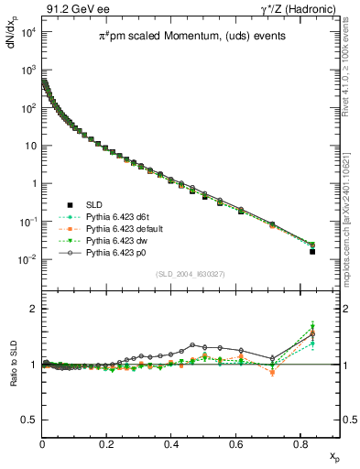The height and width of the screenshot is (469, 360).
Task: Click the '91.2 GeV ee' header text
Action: [75, 8]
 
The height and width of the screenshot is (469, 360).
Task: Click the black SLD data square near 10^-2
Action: [312, 251]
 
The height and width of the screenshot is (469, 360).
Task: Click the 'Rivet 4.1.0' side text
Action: [351, 64]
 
